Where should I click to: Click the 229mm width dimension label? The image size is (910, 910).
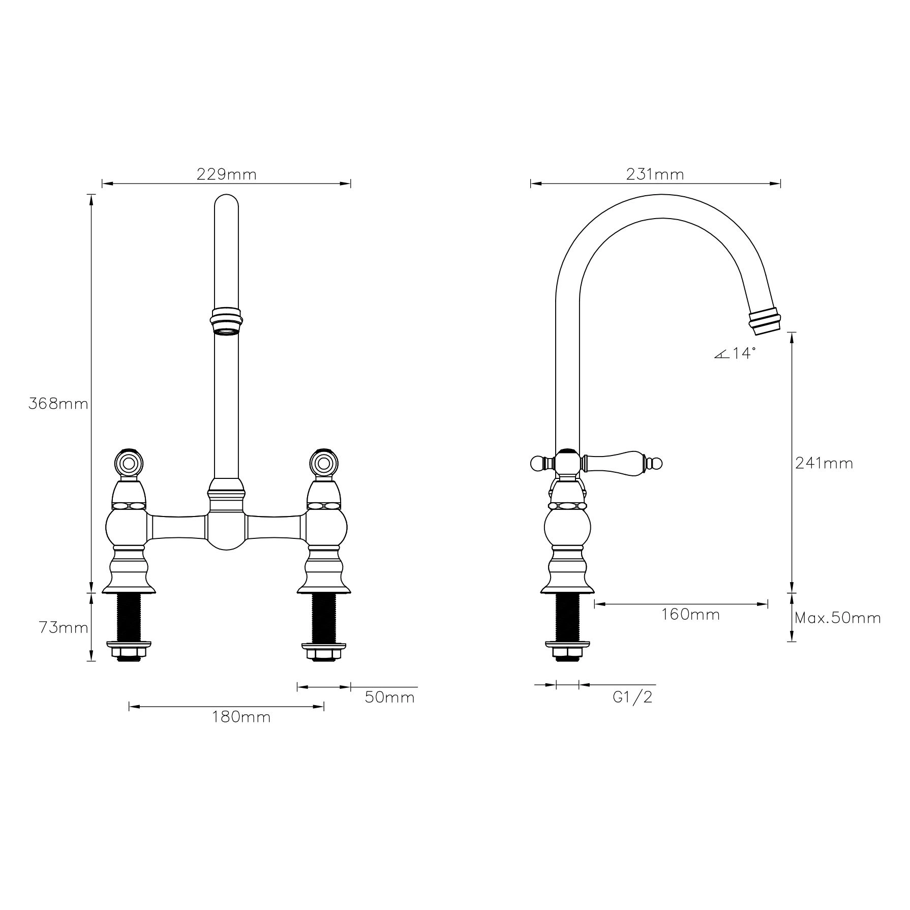226,174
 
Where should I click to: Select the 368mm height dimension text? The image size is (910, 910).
58,404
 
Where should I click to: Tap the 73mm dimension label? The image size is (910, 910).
64,628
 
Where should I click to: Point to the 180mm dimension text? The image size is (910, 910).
241,717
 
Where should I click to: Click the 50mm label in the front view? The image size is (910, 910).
389,697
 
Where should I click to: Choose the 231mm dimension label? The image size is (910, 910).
655,174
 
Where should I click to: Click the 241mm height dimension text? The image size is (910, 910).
824,463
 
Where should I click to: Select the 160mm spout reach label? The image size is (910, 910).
690,615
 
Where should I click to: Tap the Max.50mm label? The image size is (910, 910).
837,618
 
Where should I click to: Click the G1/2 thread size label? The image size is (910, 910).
632,697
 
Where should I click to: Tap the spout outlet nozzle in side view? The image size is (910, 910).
765,322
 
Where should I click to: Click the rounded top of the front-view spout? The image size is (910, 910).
226,202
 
